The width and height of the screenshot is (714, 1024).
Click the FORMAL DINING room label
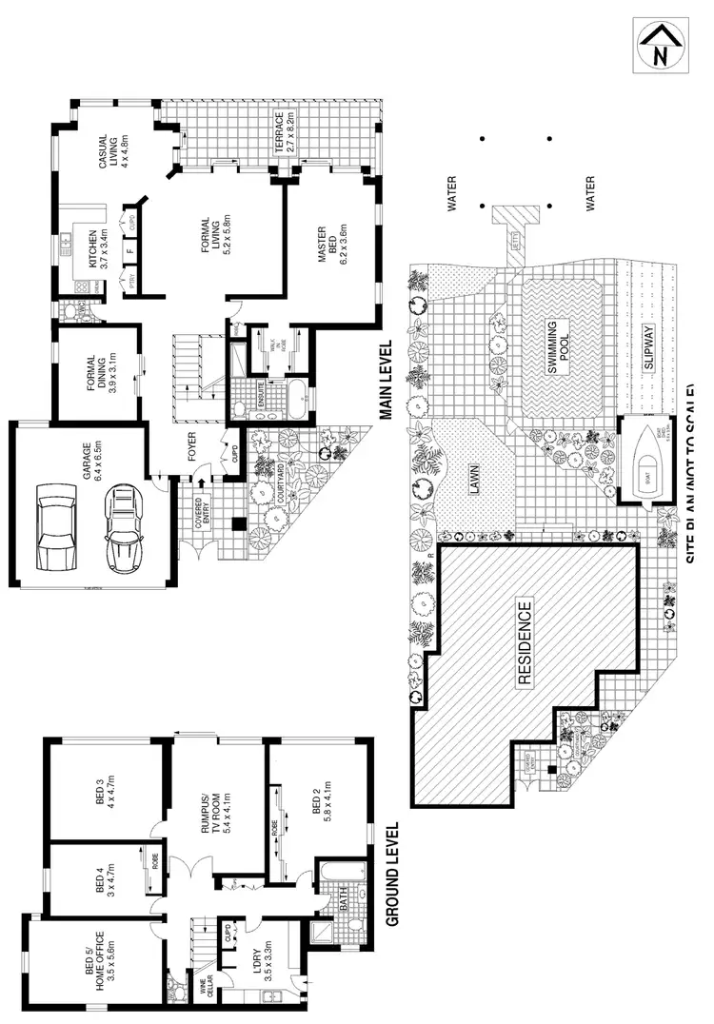[99, 373]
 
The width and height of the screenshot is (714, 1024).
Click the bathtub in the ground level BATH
[328, 884]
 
